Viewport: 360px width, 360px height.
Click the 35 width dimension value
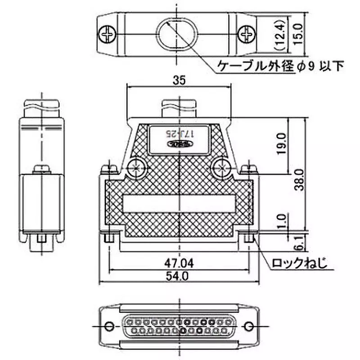tap(179, 80)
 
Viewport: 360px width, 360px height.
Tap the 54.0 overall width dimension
tap(179, 277)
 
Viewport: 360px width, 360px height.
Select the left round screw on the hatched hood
tap(136, 168)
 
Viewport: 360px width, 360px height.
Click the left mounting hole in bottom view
tap(108, 325)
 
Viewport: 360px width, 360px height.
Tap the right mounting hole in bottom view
tap(249, 325)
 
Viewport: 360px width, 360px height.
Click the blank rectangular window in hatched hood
tap(179, 205)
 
